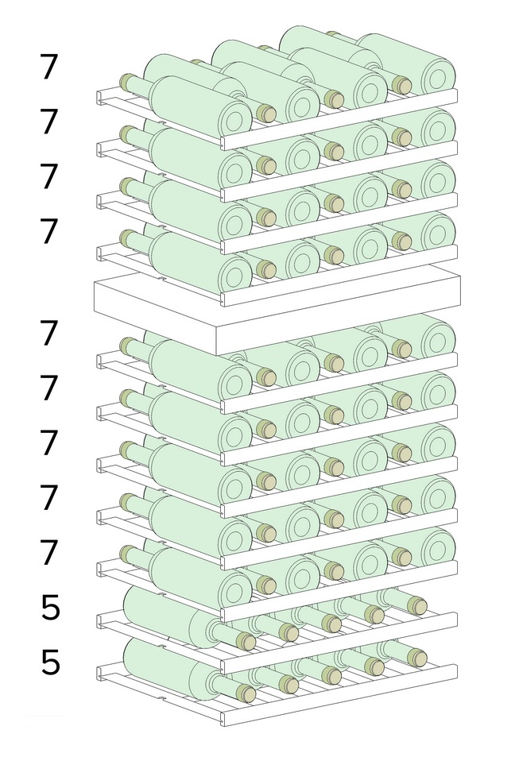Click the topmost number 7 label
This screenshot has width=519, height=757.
48,67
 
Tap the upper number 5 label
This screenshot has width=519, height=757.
50,608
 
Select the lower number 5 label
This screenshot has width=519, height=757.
50,662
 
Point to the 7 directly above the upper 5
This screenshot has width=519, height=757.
48,553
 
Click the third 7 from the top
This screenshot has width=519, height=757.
48,176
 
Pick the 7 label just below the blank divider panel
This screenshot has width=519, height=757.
48,333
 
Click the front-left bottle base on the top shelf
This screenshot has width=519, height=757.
235,119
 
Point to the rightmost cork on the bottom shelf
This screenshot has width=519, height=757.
416,658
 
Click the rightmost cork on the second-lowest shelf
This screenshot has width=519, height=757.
416,605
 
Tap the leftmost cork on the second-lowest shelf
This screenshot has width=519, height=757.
246,641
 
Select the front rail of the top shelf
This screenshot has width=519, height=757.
339,119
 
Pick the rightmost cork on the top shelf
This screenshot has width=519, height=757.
401,85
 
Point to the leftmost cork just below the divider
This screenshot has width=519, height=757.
128,345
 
